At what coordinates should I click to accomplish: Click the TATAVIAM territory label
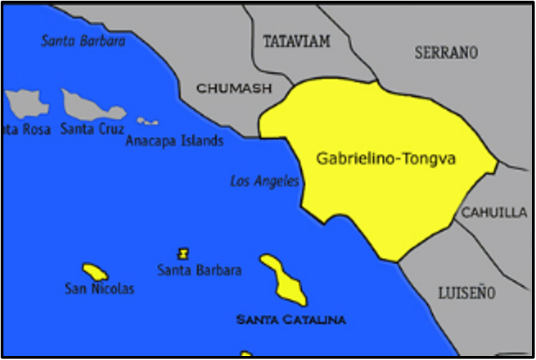point(296,42)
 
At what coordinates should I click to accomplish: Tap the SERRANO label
point(446,53)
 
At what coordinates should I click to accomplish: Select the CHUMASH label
point(234,88)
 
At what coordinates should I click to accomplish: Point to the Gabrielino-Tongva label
point(385,159)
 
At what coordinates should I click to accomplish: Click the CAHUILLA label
point(494,213)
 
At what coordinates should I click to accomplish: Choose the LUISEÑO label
point(466,293)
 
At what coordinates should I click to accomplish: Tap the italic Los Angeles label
point(264,181)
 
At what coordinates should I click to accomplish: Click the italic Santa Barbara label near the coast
point(84,41)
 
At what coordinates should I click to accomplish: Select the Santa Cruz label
point(92,129)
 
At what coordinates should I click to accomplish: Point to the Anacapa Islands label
point(175,141)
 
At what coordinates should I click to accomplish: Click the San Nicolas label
point(99,289)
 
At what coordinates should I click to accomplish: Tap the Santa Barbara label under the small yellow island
point(199,270)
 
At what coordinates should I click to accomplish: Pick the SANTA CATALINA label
point(290,320)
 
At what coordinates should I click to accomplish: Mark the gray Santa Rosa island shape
point(27,103)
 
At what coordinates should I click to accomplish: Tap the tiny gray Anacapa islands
point(147,122)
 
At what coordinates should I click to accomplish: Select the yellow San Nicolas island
point(94,271)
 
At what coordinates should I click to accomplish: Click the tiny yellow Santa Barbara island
point(183,254)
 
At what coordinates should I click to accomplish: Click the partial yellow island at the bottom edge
point(246,354)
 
